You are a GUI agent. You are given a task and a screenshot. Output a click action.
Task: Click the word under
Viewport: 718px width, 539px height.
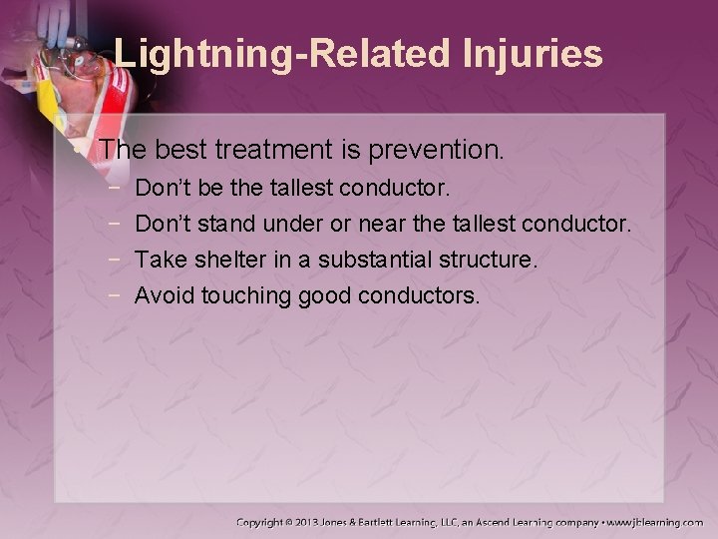280,224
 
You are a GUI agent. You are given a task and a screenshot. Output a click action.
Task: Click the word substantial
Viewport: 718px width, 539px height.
379,261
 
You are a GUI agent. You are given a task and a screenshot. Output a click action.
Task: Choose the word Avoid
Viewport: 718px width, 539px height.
165,296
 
